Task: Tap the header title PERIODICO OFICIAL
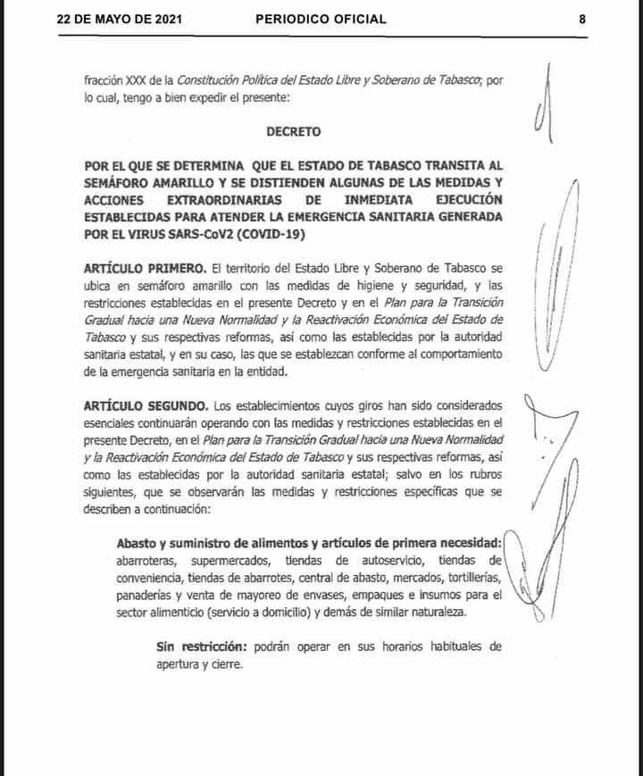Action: tap(321, 19)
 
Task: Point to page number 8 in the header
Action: tap(581, 19)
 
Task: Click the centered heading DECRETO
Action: tap(294, 130)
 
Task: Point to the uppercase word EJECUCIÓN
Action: tap(461, 199)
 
